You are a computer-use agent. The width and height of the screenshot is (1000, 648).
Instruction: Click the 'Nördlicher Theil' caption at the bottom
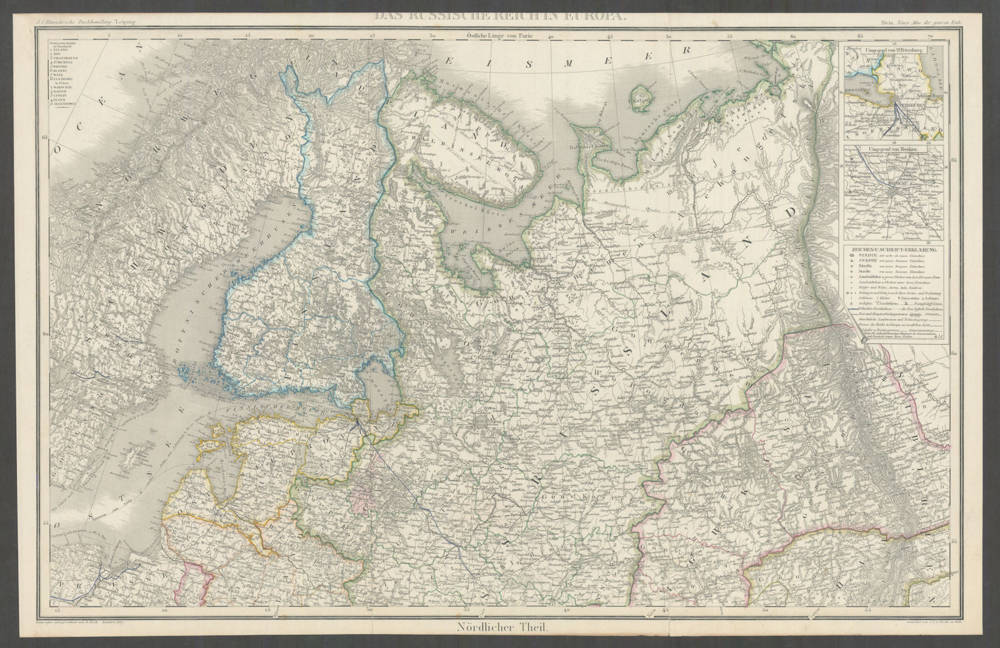[x=500, y=630]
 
